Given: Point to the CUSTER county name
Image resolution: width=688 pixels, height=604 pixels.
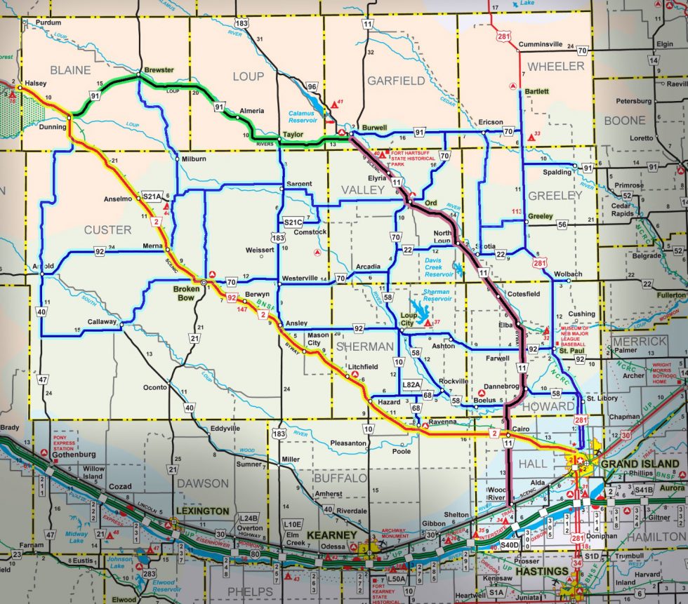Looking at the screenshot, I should point(107,229).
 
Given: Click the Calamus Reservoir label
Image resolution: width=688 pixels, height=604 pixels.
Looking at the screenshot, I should point(307,116).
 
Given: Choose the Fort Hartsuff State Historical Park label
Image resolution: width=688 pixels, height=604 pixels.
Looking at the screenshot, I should point(420,159).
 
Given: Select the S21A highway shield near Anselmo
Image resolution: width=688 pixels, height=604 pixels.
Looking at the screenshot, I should point(152,196).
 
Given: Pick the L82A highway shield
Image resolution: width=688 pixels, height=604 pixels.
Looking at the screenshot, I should point(411,384).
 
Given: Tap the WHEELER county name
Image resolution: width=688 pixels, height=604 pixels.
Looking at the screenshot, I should point(556,66).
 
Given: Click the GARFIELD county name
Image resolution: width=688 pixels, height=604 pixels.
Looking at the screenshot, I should point(396,81).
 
